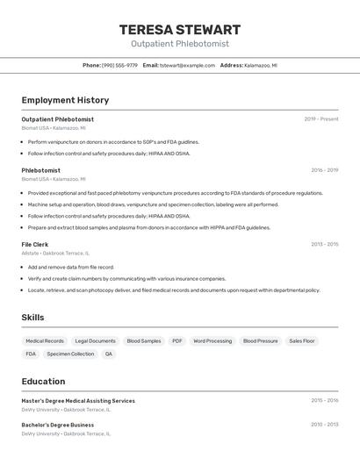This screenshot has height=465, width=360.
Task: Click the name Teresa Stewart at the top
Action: (179, 30)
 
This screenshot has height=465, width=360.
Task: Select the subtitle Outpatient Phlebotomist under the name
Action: (179, 44)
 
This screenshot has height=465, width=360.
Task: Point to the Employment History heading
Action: (65, 100)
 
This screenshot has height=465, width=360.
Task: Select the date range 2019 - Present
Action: (320, 119)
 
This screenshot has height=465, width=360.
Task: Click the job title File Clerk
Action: (35, 244)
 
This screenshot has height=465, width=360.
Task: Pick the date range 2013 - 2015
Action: (324, 244)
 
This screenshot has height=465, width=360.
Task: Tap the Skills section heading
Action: (32, 318)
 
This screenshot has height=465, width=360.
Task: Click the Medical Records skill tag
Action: (45, 340)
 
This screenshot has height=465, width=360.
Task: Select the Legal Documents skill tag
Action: (95, 340)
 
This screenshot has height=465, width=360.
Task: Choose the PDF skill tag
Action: (177, 340)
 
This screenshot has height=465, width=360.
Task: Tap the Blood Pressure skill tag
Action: (260, 340)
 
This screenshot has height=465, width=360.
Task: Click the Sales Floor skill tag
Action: (302, 340)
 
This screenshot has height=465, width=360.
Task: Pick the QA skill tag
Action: (109, 354)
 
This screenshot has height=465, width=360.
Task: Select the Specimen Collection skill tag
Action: (70, 354)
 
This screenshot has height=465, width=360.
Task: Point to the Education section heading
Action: (43, 382)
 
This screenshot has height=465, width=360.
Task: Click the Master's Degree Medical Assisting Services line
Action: (78, 401)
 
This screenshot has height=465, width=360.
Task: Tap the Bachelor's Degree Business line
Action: (58, 425)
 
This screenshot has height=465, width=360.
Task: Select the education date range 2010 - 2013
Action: (324, 425)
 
